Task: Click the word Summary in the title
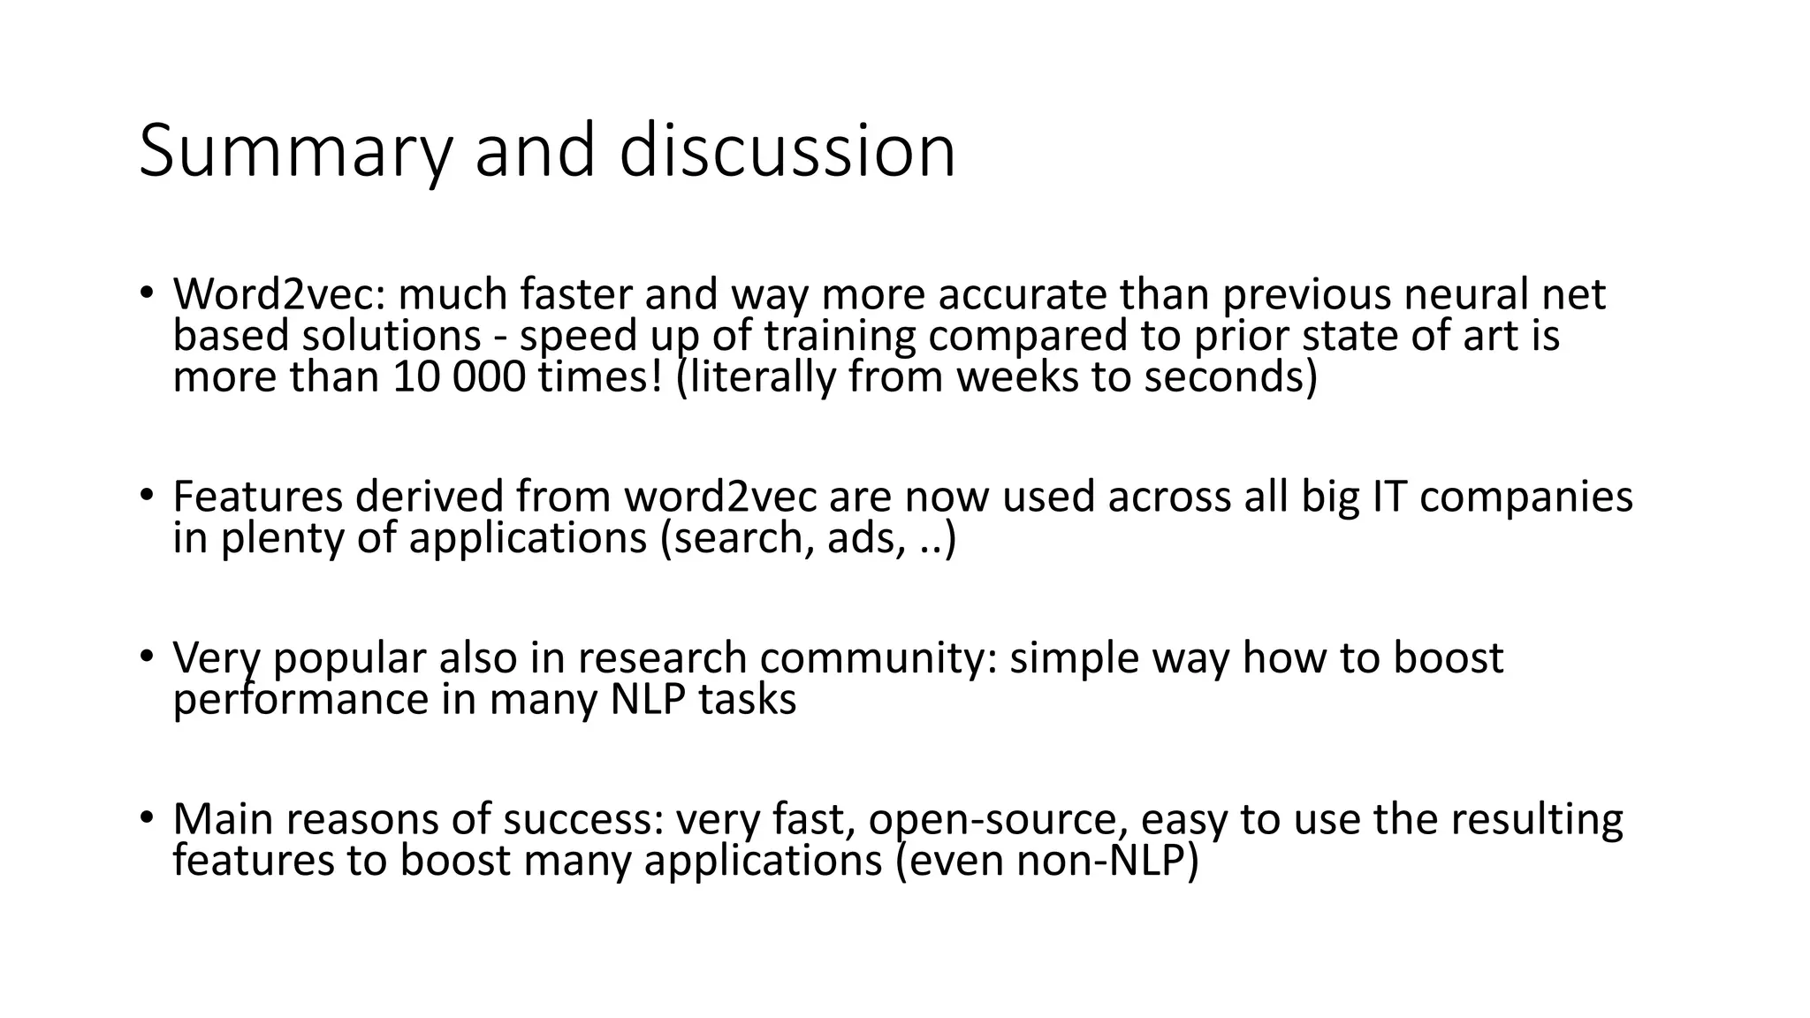(295, 152)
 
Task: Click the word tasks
(748, 700)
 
